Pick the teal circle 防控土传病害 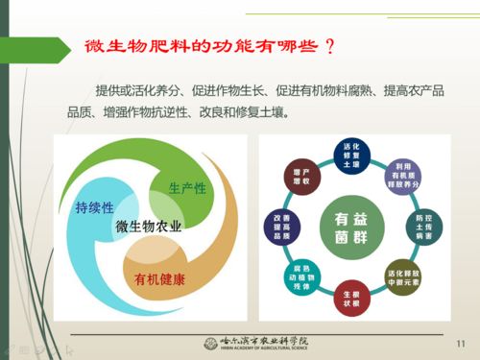[422, 225]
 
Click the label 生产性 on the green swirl [187, 187]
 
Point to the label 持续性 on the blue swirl [95, 207]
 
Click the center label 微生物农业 [149, 227]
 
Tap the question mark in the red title [330, 46]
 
